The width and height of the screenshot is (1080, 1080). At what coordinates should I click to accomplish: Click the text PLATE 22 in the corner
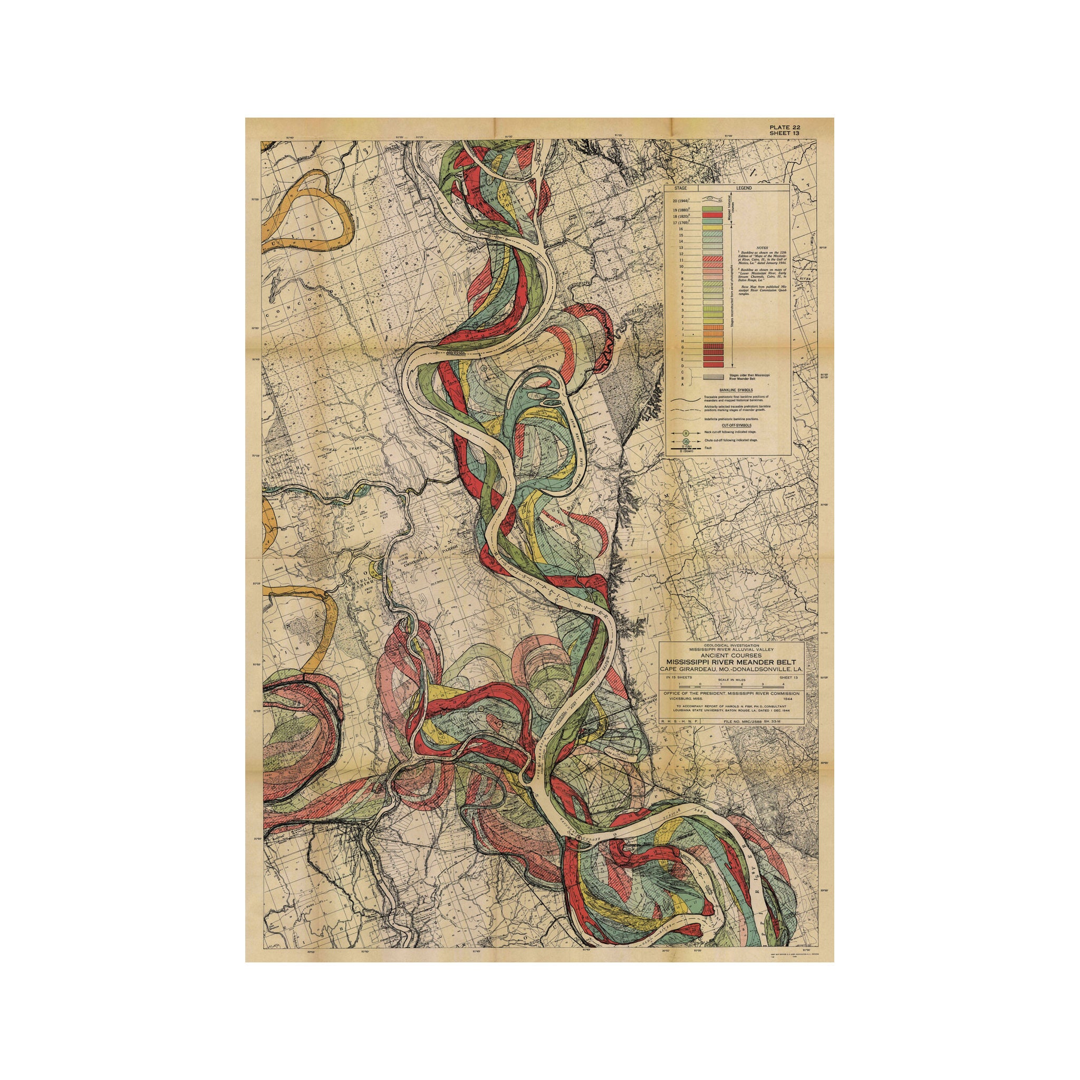click(784, 127)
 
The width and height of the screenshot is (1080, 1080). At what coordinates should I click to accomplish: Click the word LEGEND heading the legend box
click(744, 188)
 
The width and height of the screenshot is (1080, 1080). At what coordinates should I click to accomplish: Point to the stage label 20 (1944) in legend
click(682, 199)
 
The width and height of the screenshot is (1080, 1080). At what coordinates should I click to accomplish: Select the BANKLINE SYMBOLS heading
click(727, 390)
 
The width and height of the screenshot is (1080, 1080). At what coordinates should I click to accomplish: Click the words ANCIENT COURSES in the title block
click(732, 655)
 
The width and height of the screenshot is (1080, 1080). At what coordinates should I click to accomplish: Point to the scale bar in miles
click(732, 684)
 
